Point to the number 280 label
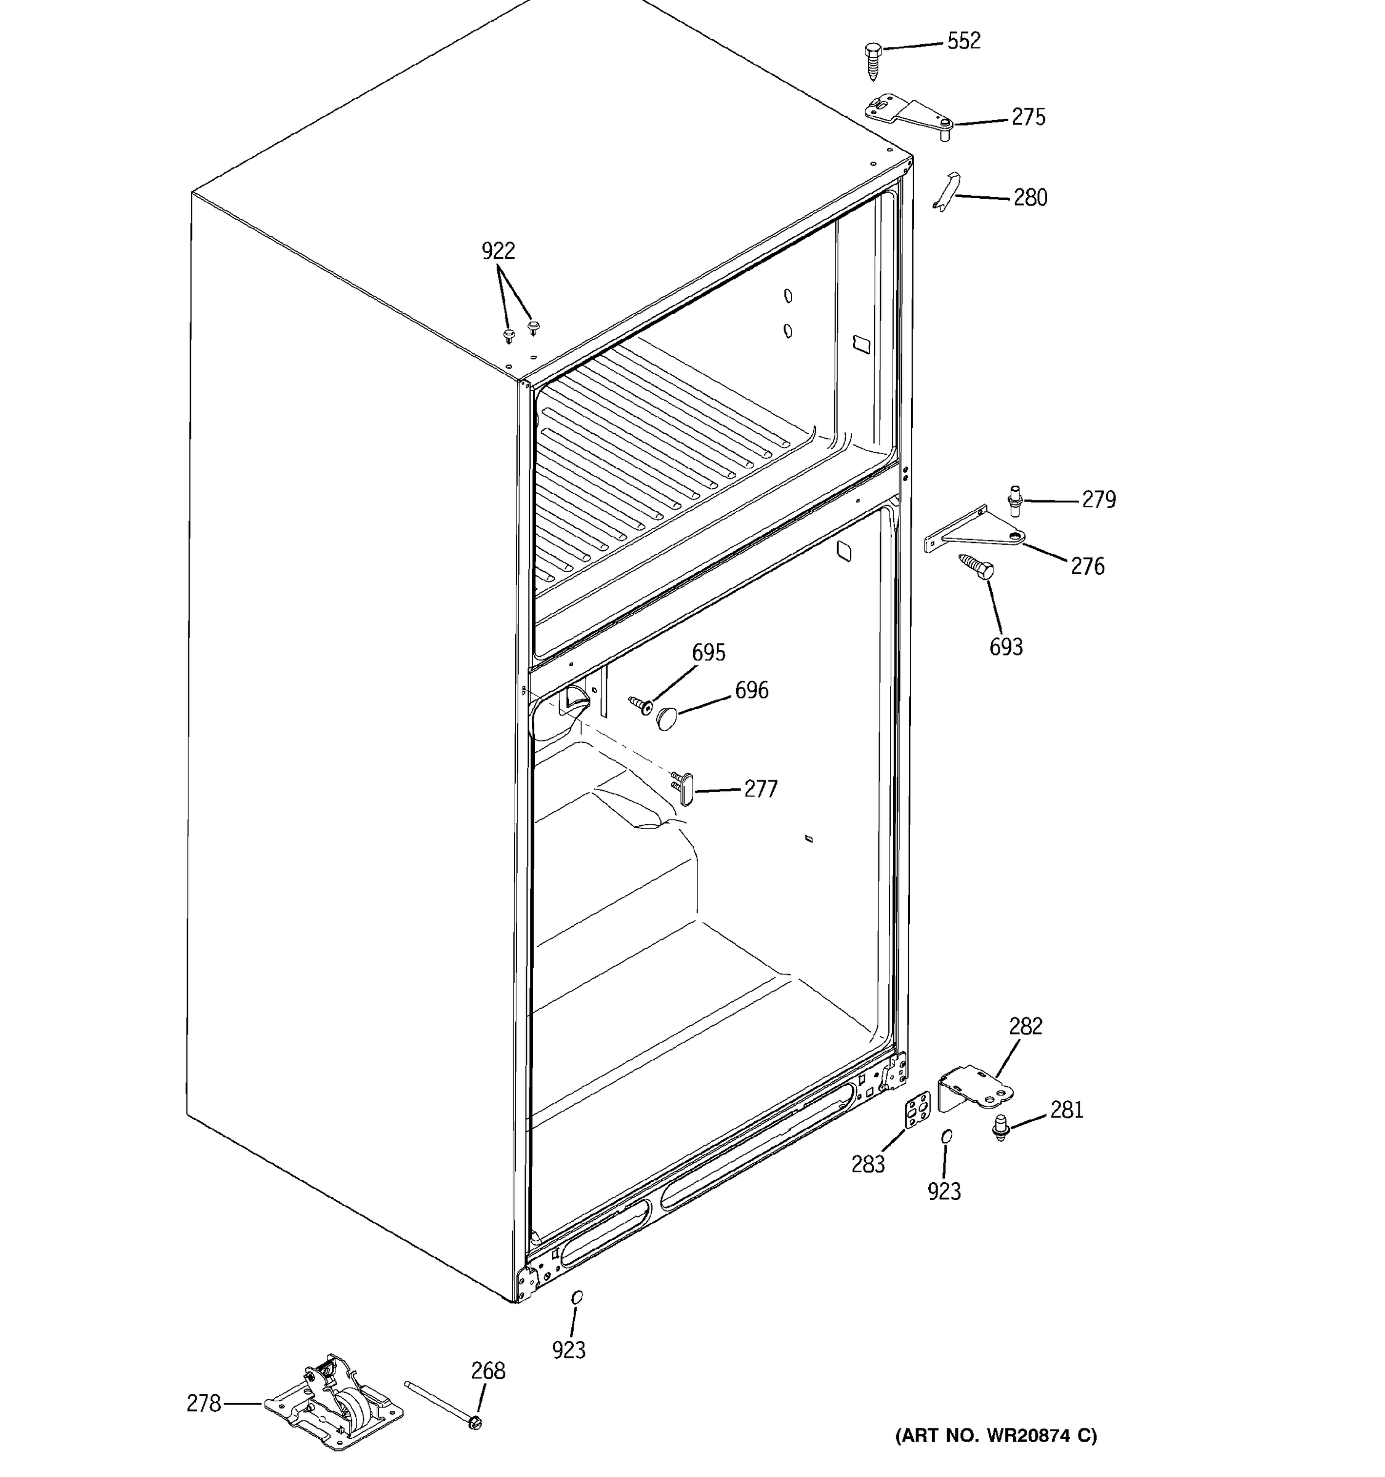tap(1030, 198)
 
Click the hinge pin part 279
tap(1015, 499)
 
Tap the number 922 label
tap(498, 251)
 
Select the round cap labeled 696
tap(667, 718)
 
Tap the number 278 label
tap(204, 1403)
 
